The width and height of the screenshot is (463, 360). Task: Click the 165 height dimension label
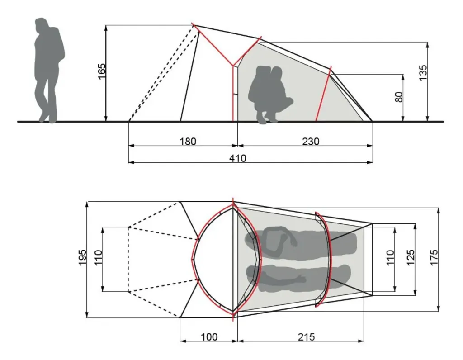pyautogui.click(x=102, y=71)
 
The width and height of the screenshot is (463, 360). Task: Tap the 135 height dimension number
pyautogui.click(x=423, y=73)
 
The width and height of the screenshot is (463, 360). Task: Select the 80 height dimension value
pyautogui.click(x=399, y=97)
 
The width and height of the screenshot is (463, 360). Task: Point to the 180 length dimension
pyautogui.click(x=188, y=142)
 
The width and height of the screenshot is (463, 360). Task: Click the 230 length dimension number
pyautogui.click(x=311, y=142)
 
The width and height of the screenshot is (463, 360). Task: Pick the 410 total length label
pyautogui.click(x=238, y=158)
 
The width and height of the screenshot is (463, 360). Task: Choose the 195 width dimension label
pyautogui.click(x=83, y=257)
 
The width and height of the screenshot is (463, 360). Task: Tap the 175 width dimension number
pyautogui.click(x=434, y=257)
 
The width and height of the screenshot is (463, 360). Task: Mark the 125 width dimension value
pyautogui.click(x=411, y=258)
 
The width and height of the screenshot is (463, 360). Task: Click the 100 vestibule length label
pyautogui.click(x=209, y=336)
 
